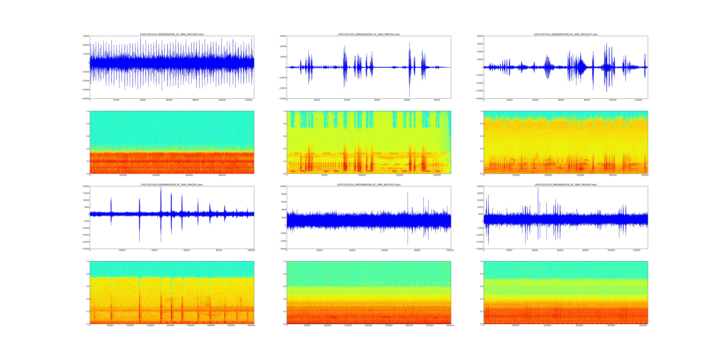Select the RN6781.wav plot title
[369, 34]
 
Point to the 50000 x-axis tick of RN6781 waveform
[437, 100]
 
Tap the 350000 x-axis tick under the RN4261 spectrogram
[231, 325]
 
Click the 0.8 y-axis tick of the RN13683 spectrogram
[87, 124]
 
